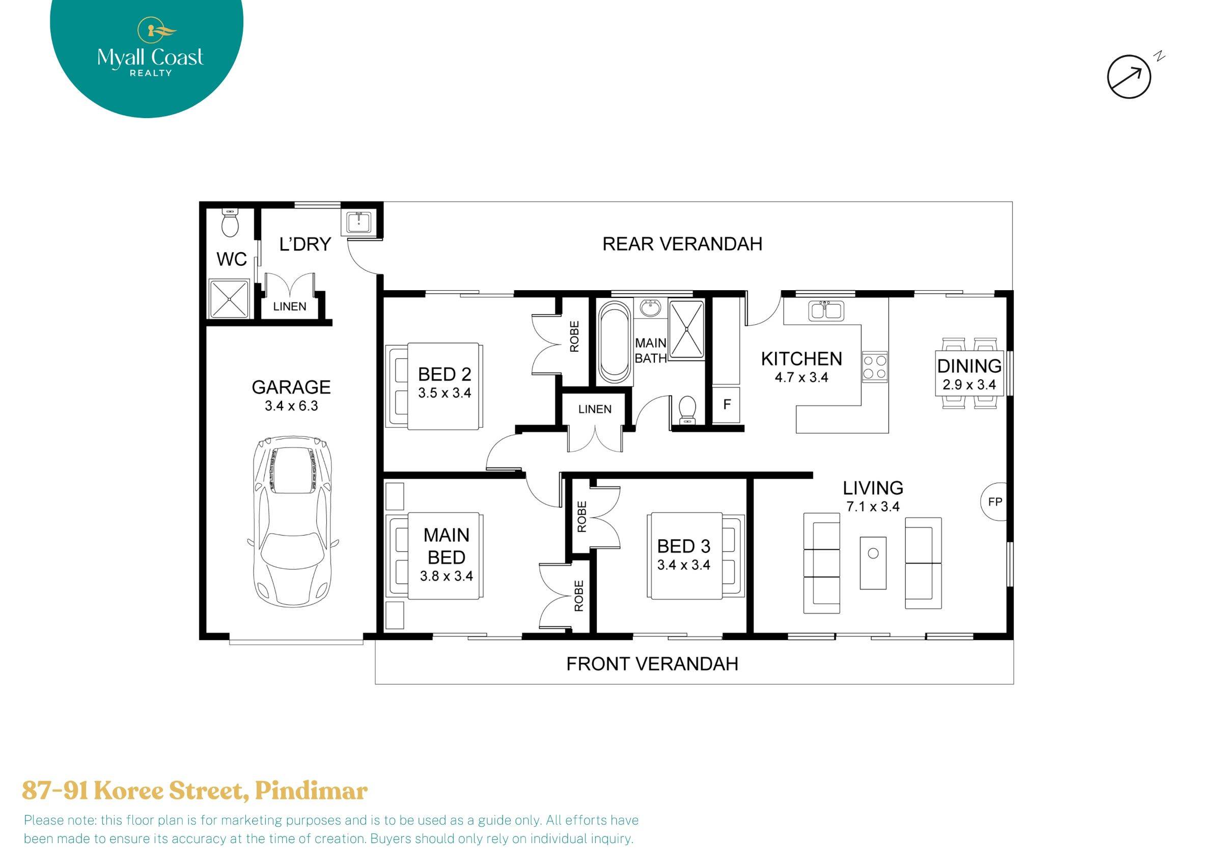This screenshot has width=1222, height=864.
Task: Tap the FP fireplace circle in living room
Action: tap(995, 501)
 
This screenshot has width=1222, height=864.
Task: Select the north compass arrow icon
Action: tap(1129, 77)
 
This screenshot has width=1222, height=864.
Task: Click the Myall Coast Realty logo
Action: tap(150, 53)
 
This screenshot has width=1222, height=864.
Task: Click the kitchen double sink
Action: tap(825, 311)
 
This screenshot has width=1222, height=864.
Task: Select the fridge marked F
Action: tap(727, 405)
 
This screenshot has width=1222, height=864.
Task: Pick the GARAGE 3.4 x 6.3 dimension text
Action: tap(291, 406)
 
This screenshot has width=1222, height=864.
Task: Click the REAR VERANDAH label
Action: tap(682, 244)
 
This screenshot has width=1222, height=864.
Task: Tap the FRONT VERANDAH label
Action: tap(651, 664)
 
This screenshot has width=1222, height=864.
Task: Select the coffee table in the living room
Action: tap(873, 563)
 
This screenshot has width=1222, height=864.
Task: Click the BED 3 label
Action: tap(683, 546)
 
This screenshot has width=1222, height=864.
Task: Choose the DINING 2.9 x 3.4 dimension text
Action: tap(968, 385)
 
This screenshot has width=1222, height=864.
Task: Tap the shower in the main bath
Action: tap(686, 328)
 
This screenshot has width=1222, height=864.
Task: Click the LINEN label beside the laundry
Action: tap(290, 306)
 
